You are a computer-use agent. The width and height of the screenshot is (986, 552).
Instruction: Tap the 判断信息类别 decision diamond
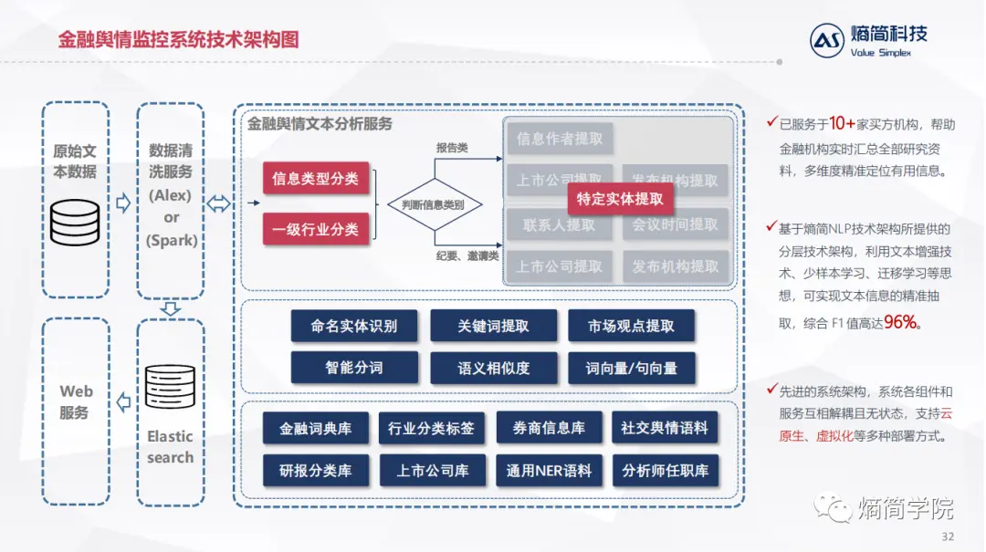[433, 204]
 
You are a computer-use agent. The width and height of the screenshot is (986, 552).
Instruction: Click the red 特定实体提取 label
[620, 199]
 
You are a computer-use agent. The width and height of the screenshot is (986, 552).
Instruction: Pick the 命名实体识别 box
[354, 326]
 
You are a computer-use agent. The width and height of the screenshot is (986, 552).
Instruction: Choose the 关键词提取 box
[493, 326]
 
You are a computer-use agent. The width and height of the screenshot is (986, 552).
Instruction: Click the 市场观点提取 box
[631, 326]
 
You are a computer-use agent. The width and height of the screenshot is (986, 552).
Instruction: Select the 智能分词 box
[354, 368]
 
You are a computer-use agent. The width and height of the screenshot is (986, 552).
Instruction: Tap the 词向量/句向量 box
[631, 368]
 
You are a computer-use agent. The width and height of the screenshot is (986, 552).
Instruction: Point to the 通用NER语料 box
[549, 471]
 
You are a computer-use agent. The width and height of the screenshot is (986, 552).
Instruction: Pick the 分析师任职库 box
[665, 471]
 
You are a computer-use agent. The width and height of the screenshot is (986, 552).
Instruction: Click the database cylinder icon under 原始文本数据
[75, 221]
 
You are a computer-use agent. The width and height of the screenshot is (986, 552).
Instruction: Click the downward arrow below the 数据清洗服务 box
[170, 309]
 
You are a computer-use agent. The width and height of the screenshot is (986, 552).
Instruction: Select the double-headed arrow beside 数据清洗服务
[218, 203]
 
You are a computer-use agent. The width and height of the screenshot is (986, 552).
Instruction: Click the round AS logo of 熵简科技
[827, 41]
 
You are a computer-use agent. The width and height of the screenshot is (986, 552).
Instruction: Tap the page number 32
[947, 536]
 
